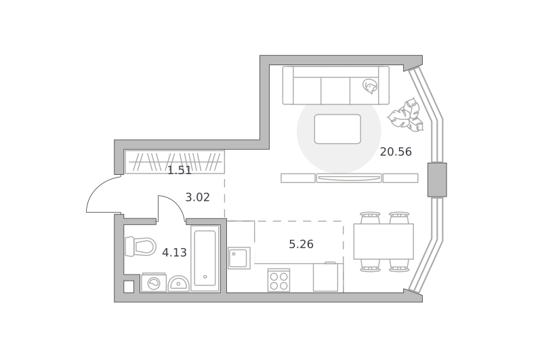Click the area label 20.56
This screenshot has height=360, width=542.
(396, 152)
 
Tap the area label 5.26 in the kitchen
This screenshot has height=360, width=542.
(301, 245)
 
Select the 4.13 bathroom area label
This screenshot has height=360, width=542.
(174, 253)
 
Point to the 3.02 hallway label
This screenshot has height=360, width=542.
(197, 197)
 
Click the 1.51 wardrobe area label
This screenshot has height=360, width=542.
(180, 170)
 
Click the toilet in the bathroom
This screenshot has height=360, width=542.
(140, 247)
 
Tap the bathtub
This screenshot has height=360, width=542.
(205, 258)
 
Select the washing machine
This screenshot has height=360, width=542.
(154, 283)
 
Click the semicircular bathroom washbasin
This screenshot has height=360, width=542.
(178, 284)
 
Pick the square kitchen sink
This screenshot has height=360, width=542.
(239, 258)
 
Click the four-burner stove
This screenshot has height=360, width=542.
(278, 281)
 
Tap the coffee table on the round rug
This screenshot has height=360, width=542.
(337, 129)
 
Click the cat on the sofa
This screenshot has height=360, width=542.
(369, 86)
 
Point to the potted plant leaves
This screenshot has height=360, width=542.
(406, 115)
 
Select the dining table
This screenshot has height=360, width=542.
(383, 241)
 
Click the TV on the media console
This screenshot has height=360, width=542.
(349, 178)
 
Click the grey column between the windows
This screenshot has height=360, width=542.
(437, 180)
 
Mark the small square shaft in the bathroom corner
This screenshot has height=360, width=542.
(129, 287)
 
